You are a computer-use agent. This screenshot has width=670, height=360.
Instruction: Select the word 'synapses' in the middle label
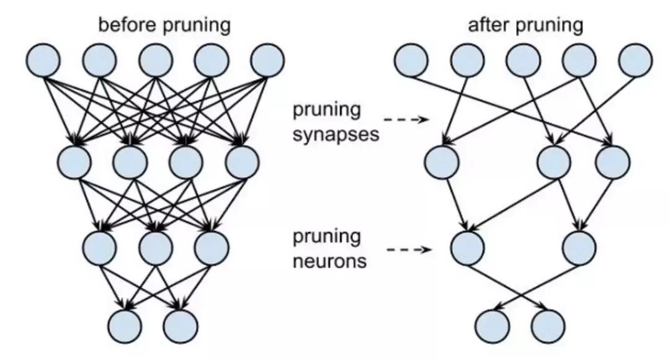point(336,134)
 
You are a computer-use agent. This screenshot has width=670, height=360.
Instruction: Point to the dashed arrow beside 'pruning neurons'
point(409,250)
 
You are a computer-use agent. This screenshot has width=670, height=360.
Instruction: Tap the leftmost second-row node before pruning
point(74,161)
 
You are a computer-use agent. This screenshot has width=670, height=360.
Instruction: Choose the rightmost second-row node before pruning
point(242,161)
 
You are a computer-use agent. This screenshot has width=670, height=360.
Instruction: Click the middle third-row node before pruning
point(155,247)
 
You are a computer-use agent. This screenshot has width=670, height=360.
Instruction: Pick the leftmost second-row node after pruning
point(442,161)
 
